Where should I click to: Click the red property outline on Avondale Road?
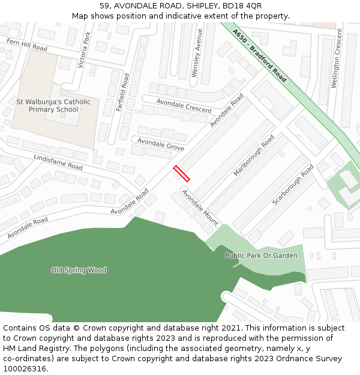coord(181,173)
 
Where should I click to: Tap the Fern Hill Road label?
coord(26,44)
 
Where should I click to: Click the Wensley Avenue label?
coord(196,53)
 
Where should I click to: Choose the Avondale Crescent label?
coord(184,106)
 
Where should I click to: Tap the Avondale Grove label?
coord(161,143)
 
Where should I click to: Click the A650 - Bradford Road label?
coord(260,56)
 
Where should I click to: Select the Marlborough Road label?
coord(254,155)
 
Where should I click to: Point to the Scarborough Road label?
coord(293,185)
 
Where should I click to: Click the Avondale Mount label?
coord(200,207)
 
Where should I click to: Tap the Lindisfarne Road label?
coord(58,162)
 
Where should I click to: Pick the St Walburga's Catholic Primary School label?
coord(53,106)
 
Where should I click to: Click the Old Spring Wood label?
coord(79,270)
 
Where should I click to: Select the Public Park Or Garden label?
coord(261,256)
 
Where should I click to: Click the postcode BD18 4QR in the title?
coord(242,6)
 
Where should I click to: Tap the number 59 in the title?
coord(104,6)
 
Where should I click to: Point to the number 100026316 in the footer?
coord(24,368)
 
